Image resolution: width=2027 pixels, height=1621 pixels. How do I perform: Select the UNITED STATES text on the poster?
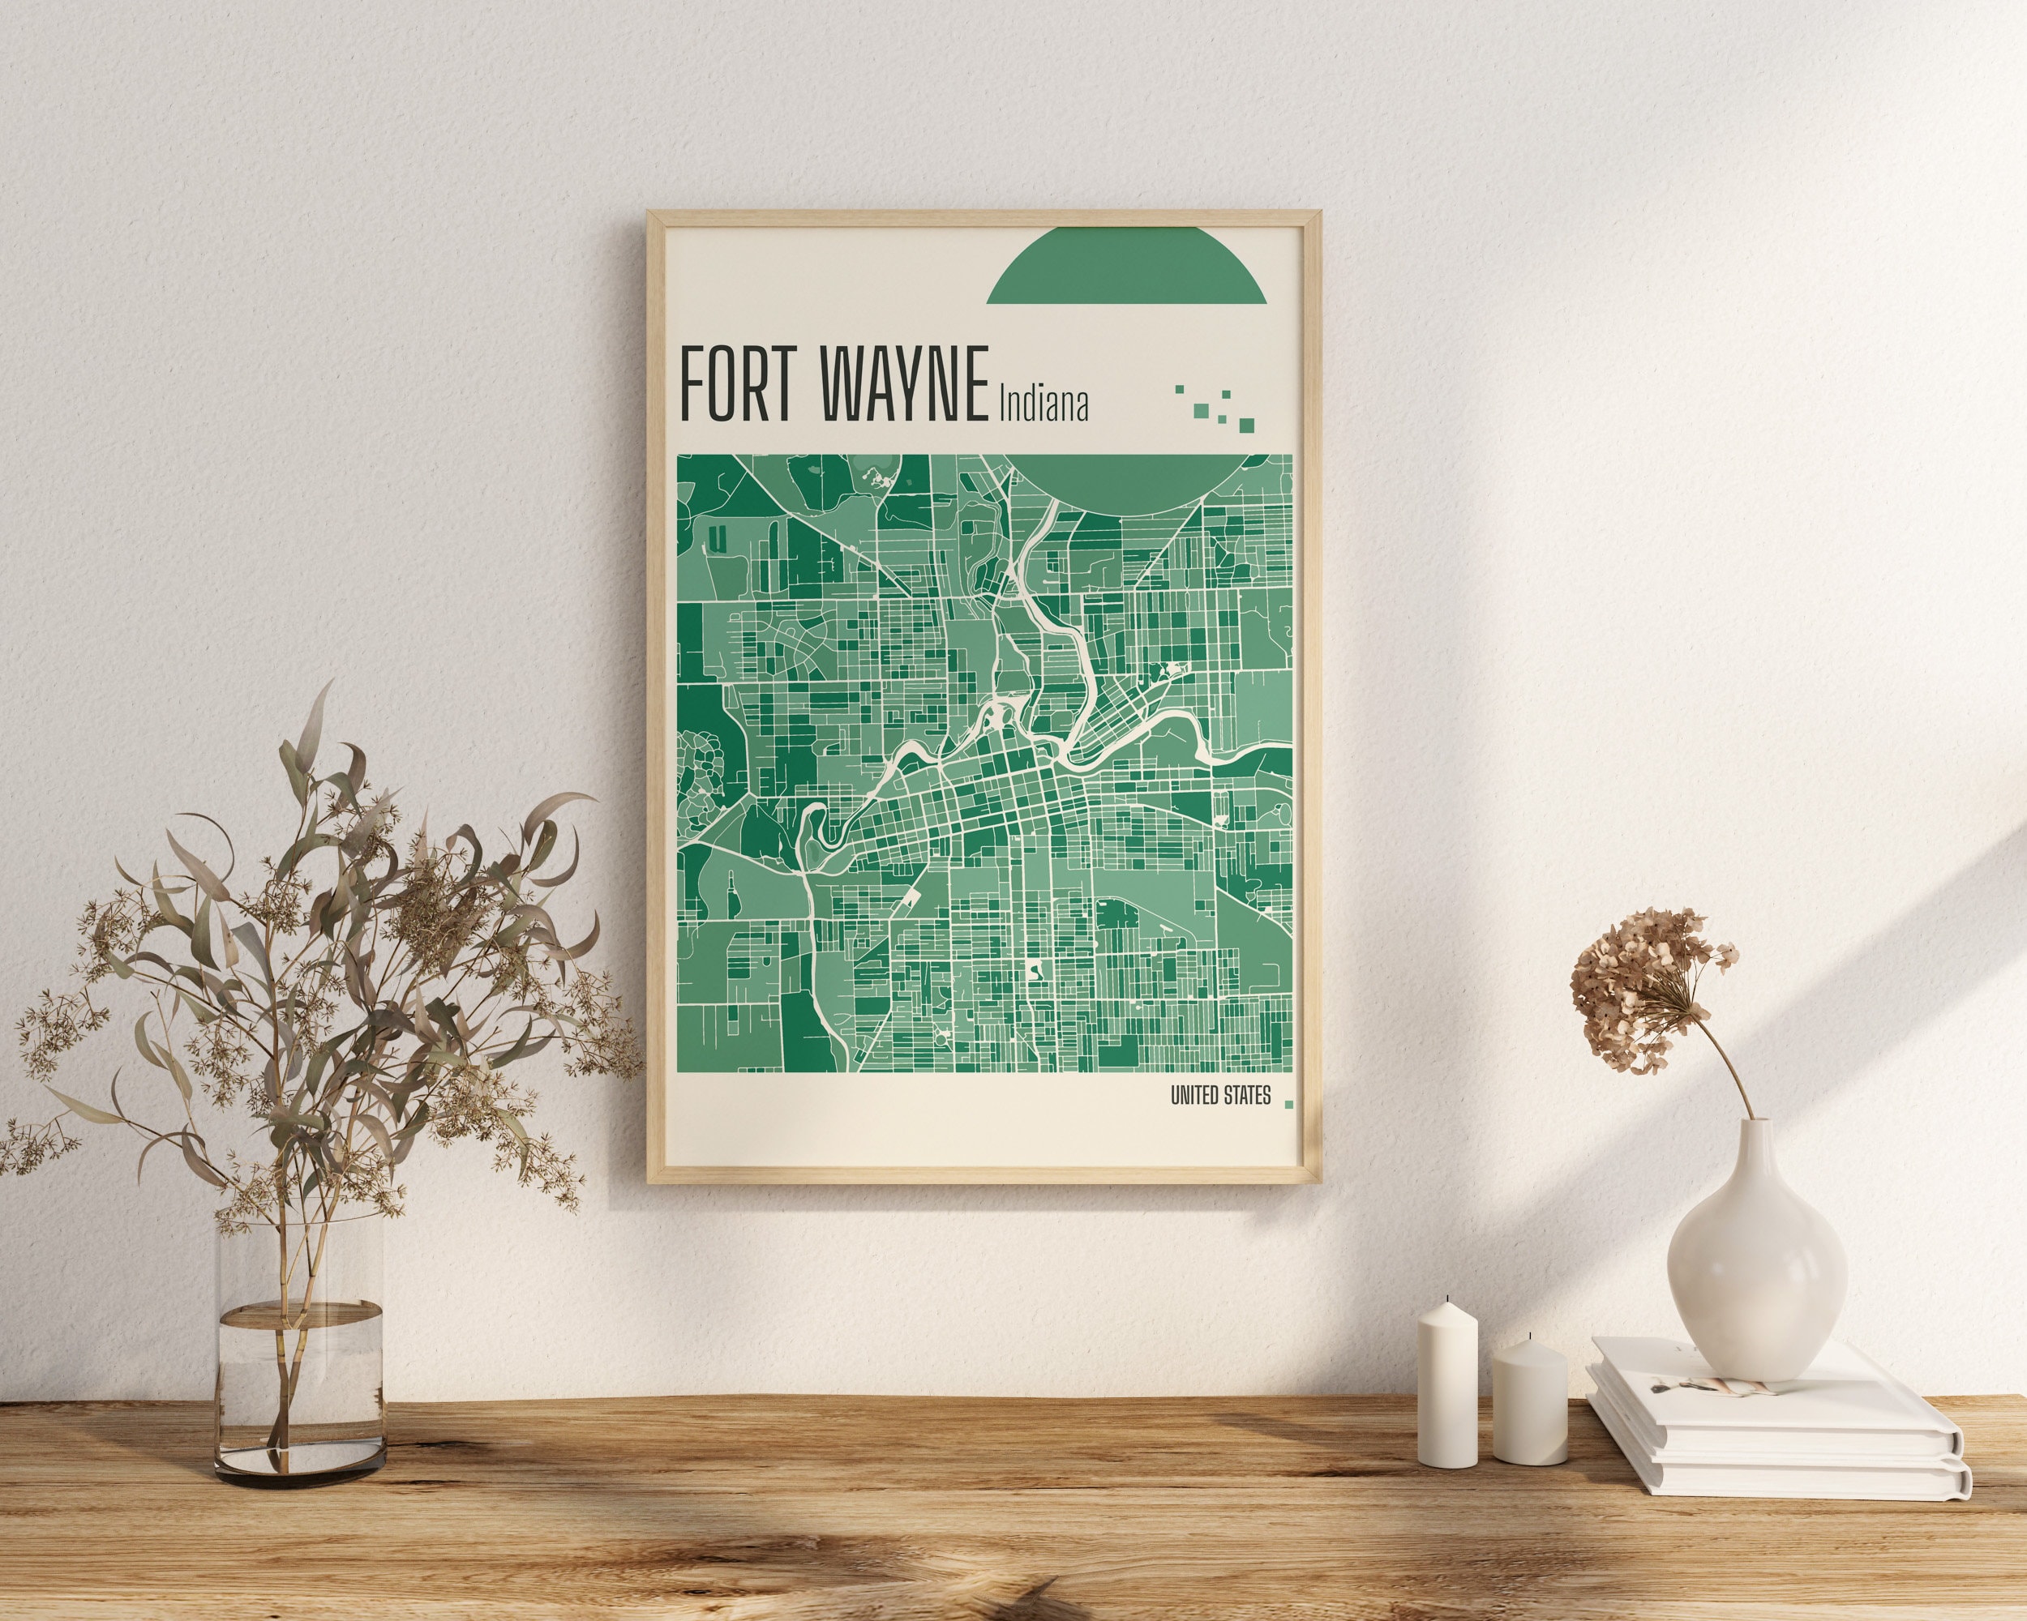point(1220,1096)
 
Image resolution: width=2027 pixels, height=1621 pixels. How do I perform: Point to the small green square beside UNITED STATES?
point(1289,1105)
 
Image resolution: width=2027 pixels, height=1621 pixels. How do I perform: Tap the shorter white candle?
point(1530,1404)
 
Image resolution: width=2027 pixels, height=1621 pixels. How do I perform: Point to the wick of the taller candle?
point(1448,1298)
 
